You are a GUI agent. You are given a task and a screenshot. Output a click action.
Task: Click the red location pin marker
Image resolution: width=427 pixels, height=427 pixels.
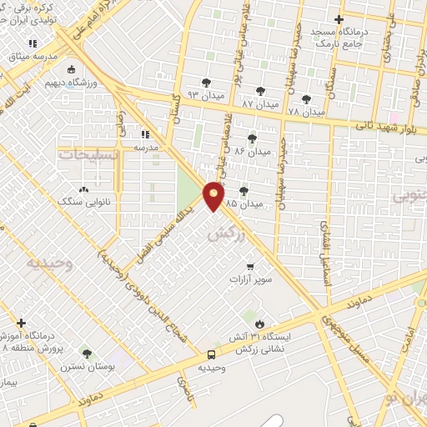pyautogui.click(x=214, y=195)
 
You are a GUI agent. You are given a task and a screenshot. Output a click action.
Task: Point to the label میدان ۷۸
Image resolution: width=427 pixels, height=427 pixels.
pyautogui.click(x=306, y=110)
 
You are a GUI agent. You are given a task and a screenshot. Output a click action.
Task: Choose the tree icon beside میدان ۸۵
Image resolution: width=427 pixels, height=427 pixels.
pyautogui.click(x=244, y=191)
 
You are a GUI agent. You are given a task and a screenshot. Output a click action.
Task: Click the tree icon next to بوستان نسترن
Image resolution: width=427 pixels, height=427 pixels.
pyautogui.click(x=87, y=354)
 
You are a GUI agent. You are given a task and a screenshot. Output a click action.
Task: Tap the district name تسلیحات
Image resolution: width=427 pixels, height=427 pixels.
pyautogui.click(x=88, y=154)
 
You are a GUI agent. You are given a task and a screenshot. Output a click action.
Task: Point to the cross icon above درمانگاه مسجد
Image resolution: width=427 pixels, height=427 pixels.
pyautogui.click(x=338, y=19)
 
